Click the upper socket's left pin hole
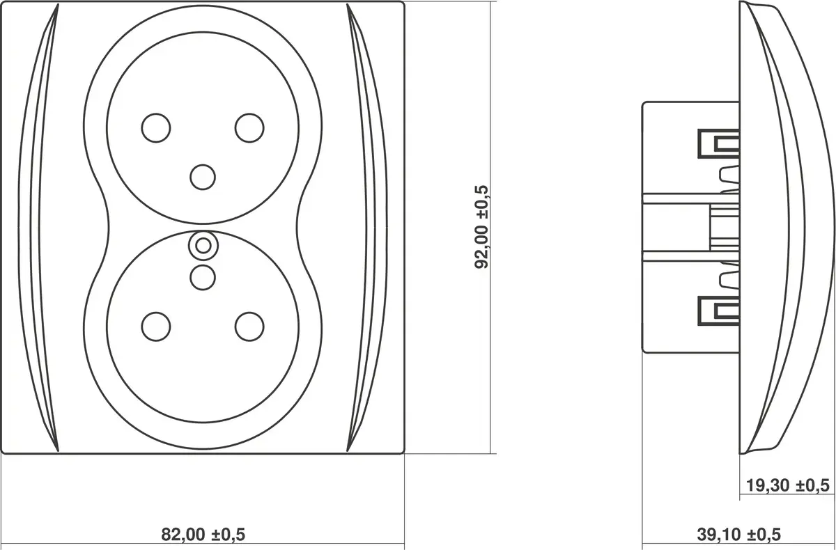[x=156, y=128]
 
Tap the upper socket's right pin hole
[x=249, y=128]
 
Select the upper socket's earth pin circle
[x=203, y=177]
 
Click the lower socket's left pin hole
[x=156, y=327]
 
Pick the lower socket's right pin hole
[x=249, y=327]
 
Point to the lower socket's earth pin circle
[x=203, y=278]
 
